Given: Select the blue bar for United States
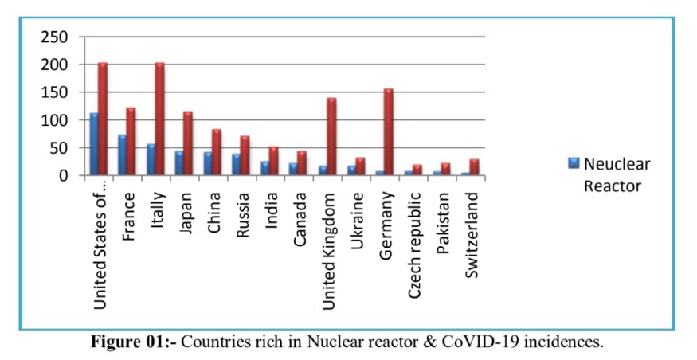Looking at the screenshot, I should click(94, 144).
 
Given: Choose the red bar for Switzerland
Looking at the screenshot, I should click(474, 167).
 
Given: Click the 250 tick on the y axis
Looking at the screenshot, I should click(54, 37).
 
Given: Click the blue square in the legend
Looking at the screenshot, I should click(573, 163).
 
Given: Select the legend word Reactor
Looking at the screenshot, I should click(613, 186).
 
